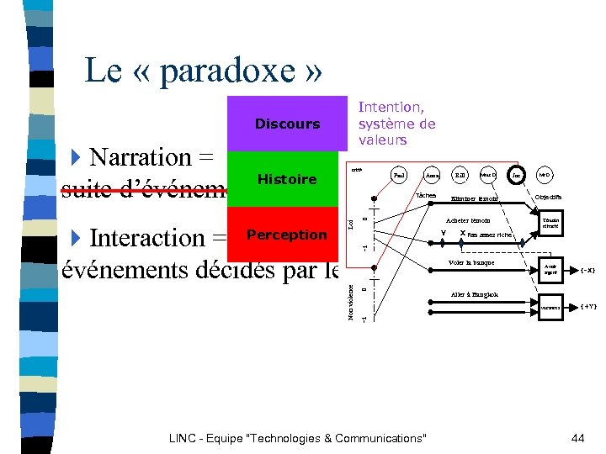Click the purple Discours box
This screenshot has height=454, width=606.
tap(287, 124)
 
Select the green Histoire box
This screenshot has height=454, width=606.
tap(287, 179)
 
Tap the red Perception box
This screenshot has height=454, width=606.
tap(287, 235)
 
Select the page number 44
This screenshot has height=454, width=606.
tap(577, 438)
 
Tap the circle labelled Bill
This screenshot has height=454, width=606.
tap(460, 176)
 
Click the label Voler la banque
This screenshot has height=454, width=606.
tap(472, 262)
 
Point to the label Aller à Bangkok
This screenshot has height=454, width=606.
tap(474, 294)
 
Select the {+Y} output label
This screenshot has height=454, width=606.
tap(588, 306)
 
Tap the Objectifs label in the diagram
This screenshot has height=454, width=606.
tap(549, 197)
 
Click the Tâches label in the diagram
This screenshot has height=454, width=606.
tap(426, 194)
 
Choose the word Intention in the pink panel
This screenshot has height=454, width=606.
tap(391, 107)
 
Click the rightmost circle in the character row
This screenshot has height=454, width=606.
tap(545, 176)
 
